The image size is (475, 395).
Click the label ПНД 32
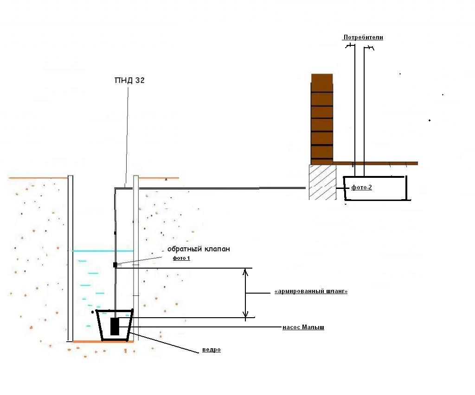click(129, 81)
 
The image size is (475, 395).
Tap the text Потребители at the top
click(363, 37)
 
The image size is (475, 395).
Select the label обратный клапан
click(199, 249)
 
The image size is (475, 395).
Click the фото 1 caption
click(181, 258)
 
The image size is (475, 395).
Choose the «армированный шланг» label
click(311, 291)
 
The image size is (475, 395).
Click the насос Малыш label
click(303, 327)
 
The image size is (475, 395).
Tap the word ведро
click(211, 350)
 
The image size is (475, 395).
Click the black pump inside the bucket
click(115, 326)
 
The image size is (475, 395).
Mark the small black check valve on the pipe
click(115, 264)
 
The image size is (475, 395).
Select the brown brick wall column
click(322, 118)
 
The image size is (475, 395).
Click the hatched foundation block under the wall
click(322, 182)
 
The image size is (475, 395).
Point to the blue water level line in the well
click(103, 251)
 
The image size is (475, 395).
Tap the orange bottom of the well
click(103, 342)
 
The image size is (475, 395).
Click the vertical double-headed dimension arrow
click(246, 294)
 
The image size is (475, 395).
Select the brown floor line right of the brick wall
click(376, 163)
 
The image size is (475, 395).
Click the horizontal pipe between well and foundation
click(209, 188)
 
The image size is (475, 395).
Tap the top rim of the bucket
click(115, 311)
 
